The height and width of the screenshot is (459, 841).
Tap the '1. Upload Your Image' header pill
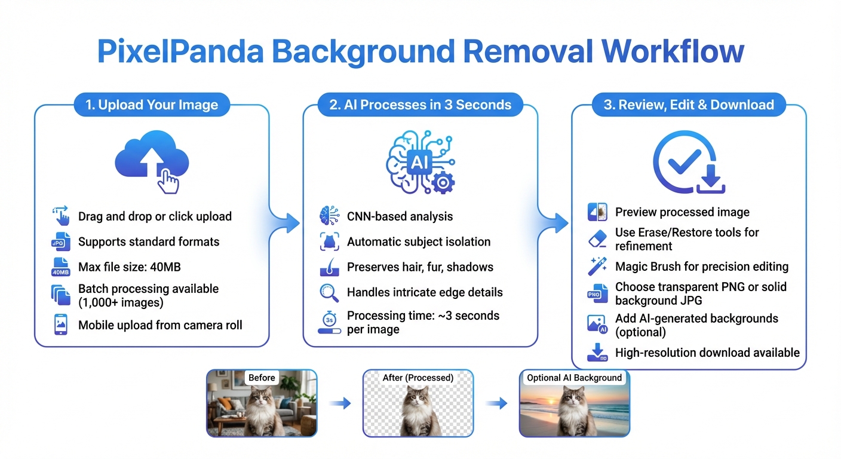pyautogui.click(x=152, y=105)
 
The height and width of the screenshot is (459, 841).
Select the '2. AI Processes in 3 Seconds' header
pyautogui.click(x=420, y=105)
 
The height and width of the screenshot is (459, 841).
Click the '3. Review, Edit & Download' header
pyautogui.click(x=688, y=105)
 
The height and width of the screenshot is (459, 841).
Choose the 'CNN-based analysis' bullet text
pyautogui.click(x=400, y=216)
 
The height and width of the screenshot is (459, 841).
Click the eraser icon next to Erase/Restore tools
pyautogui.click(x=597, y=239)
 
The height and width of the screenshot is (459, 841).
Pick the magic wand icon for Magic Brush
pyautogui.click(x=597, y=267)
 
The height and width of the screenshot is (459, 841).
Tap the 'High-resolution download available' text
pyautogui.click(x=707, y=353)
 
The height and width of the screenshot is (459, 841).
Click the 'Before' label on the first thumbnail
pyautogui.click(x=262, y=378)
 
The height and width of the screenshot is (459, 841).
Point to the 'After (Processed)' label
pyautogui.click(x=418, y=378)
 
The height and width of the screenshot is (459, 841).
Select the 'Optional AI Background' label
pyautogui.click(x=574, y=378)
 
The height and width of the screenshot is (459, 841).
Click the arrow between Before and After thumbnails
pyautogui.click(x=340, y=404)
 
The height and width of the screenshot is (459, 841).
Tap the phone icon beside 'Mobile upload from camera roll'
pyautogui.click(x=61, y=325)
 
